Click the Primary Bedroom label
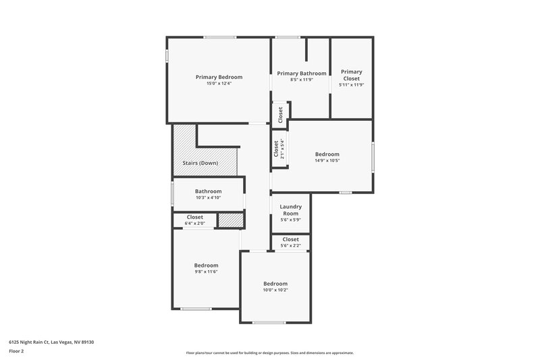pyautogui.click(x=219, y=77)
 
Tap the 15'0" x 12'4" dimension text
pyautogui.click(x=219, y=83)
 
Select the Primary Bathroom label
pyautogui.click(x=301, y=74)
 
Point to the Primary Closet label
pyautogui.click(x=351, y=75)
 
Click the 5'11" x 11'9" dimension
pyautogui.click(x=351, y=85)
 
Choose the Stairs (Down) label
pyautogui.click(x=200, y=163)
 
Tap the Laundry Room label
pyautogui.click(x=290, y=210)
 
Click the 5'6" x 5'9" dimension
pyautogui.click(x=290, y=220)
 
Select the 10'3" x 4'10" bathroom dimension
pyautogui.click(x=208, y=198)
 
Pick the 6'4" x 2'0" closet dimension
pyautogui.click(x=194, y=223)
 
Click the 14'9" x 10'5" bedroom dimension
pyautogui.click(x=327, y=161)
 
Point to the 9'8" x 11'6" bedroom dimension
pyautogui.click(x=206, y=272)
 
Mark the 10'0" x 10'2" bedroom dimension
pyautogui.click(x=275, y=290)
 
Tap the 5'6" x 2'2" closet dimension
pyautogui.click(x=290, y=245)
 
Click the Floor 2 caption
pyautogui.click(x=17, y=351)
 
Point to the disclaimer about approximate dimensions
pyautogui.click(x=269, y=353)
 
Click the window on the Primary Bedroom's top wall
pyautogui.click(x=215, y=37)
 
